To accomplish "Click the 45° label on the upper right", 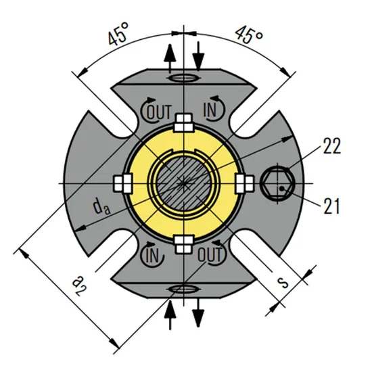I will pyautogui.click(x=248, y=36).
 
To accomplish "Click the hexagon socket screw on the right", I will pyautogui.click(x=279, y=183).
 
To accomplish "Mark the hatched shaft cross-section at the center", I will pyautogui.click(x=183, y=183).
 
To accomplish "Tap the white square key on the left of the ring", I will pyautogui.click(x=122, y=183).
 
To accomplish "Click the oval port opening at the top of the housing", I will pyautogui.click(x=183, y=78).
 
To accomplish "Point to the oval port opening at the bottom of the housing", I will pyautogui.click(x=183, y=289).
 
